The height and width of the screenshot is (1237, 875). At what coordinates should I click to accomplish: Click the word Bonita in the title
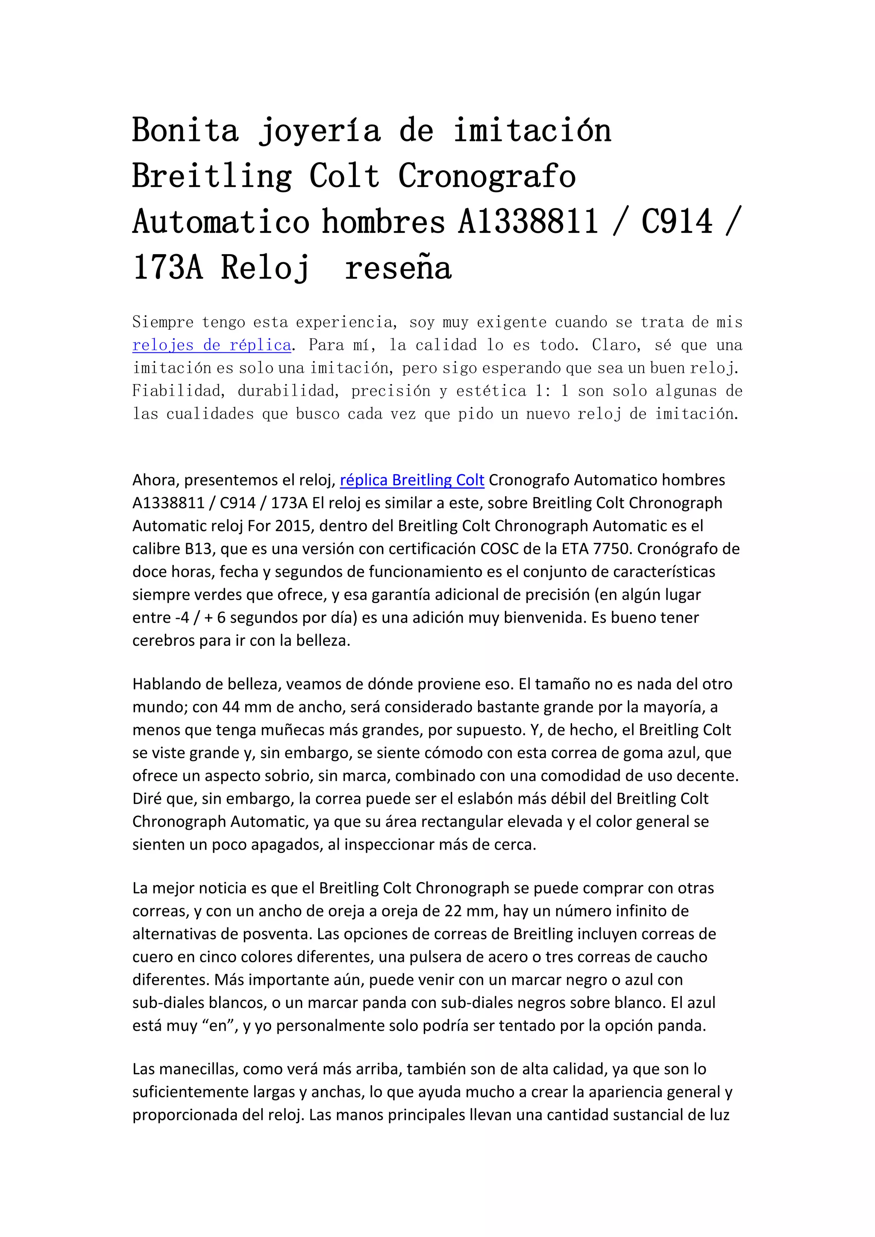pyautogui.click(x=185, y=130)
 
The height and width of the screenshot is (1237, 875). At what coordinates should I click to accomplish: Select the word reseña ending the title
pyautogui.click(x=398, y=268)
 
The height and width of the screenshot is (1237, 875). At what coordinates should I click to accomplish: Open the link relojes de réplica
pyautogui.click(x=212, y=345)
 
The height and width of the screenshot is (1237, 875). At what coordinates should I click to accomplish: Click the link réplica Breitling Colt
pyautogui.click(x=411, y=480)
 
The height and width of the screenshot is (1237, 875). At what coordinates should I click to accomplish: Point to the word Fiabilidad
pyautogui.click(x=177, y=390)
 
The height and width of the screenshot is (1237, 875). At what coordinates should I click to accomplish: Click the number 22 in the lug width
pyautogui.click(x=454, y=911)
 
